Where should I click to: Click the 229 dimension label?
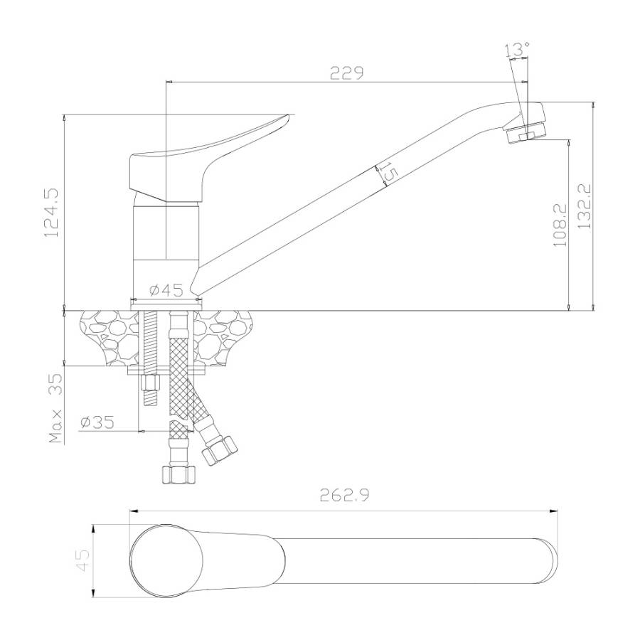pos(346,73)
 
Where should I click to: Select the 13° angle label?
pos(517,50)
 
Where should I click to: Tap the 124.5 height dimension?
pos(52,212)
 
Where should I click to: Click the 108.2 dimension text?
pos(560,225)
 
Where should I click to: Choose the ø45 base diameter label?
pos(166,290)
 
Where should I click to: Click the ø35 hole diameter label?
pos(97,422)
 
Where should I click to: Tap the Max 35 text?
pos(56,408)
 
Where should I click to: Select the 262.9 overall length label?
pos(344,496)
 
